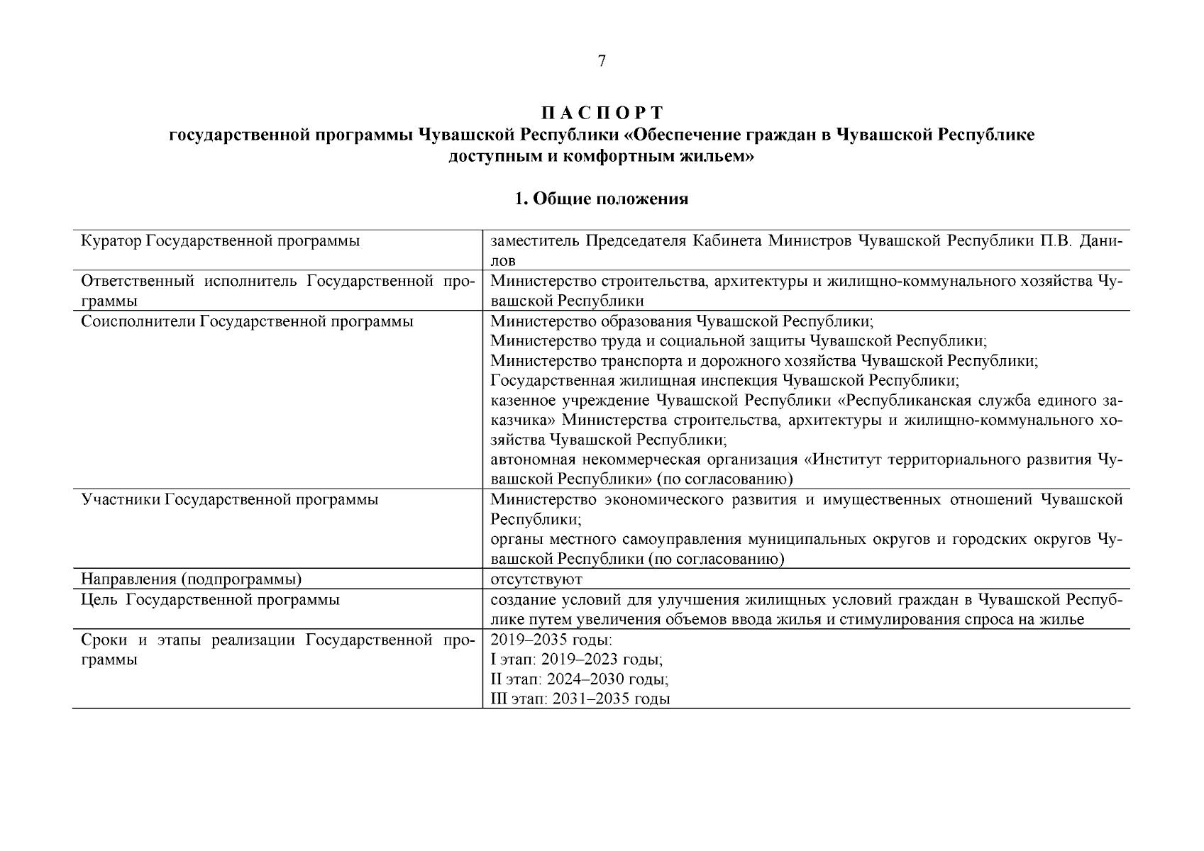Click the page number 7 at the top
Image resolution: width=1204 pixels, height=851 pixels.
point(602,62)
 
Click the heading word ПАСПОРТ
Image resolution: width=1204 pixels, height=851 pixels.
point(602,113)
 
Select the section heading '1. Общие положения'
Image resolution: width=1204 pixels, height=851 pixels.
point(602,199)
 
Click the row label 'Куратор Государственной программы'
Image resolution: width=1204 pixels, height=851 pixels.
point(221,241)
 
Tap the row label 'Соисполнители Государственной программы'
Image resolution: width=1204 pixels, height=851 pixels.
point(247,321)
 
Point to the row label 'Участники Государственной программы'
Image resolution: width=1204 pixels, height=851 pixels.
point(230,499)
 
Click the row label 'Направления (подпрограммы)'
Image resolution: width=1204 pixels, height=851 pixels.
point(192,579)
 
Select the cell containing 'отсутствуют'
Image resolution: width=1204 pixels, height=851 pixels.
point(536,579)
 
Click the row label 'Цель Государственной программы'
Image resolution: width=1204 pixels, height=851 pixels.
point(211,600)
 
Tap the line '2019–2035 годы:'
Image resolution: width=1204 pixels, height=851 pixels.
point(551,640)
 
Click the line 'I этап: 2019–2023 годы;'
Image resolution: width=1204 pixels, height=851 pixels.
point(577,660)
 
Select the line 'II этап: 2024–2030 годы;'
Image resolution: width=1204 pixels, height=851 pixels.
point(580,679)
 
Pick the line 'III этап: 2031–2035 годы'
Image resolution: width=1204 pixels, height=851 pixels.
point(580,699)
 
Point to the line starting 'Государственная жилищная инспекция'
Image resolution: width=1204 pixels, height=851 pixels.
point(724,381)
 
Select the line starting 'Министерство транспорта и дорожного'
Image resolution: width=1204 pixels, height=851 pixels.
point(764,361)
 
